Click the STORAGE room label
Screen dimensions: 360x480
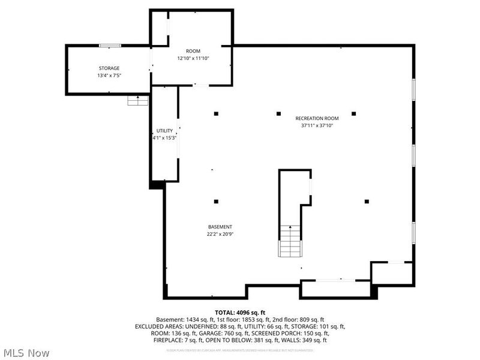click(x=109, y=68)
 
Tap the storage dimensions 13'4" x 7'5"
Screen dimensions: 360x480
click(x=109, y=76)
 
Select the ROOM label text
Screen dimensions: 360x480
click(x=193, y=51)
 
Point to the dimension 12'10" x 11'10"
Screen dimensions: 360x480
click(x=193, y=59)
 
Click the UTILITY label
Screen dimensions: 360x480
click(x=164, y=131)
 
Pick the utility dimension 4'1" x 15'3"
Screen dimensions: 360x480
click(x=164, y=138)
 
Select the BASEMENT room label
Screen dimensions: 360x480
click(x=220, y=227)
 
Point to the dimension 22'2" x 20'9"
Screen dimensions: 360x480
click(x=220, y=235)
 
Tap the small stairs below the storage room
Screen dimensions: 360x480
click(x=137, y=101)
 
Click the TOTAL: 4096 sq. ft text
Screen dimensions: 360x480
click(x=240, y=312)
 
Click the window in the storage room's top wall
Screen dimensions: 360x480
click(x=109, y=45)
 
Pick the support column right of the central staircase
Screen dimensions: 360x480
click(x=367, y=202)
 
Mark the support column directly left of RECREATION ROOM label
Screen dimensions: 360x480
click(x=278, y=113)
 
